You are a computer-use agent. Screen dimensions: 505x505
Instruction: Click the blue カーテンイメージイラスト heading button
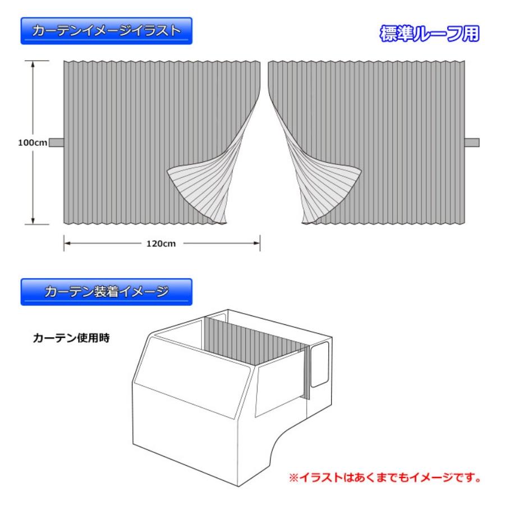[x=107, y=31]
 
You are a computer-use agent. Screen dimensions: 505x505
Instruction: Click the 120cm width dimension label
[x=161, y=244]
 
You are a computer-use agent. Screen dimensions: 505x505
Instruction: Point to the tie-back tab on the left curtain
[x=57, y=142]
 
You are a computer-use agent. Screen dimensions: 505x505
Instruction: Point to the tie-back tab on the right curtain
[x=472, y=142]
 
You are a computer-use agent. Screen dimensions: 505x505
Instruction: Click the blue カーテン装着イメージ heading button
[x=107, y=292]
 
